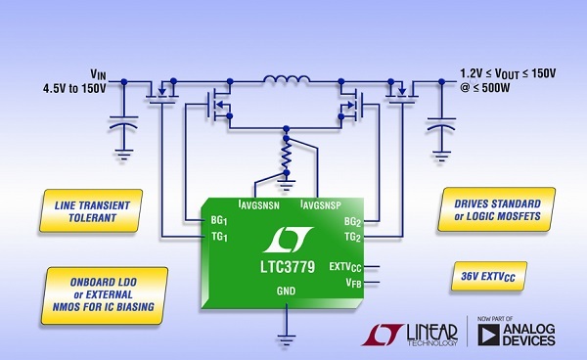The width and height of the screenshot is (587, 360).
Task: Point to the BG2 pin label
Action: [353, 223]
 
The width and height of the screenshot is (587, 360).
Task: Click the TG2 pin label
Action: [353, 238]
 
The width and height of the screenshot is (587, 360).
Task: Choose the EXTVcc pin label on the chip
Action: [347, 266]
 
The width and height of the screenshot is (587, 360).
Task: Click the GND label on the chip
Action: [287, 292]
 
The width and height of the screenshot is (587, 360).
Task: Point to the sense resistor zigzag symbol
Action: [286, 155]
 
